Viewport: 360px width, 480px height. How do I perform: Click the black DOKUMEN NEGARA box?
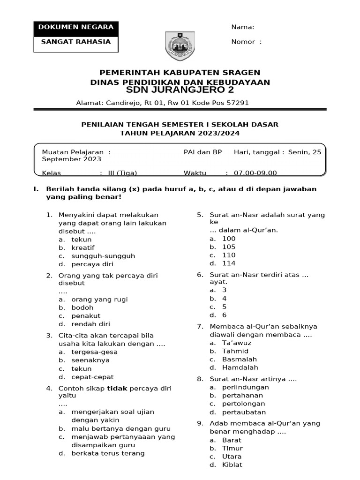pos(75,27)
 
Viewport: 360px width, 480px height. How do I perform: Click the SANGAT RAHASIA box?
pos(75,42)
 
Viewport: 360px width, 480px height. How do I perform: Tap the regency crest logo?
pos(180,45)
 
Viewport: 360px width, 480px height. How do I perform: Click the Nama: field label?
pos(243,27)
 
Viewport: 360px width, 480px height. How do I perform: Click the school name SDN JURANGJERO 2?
pos(180,90)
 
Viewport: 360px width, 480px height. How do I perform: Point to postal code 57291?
pos(236,103)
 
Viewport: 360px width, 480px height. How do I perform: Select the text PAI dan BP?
pos(202,152)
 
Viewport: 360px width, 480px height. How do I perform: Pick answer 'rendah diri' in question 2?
pos(91,324)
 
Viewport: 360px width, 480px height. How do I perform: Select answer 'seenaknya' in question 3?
pos(90,360)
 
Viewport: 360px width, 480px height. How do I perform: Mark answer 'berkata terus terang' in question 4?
pos(108,453)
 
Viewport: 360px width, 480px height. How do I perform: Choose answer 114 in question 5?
pos(229,263)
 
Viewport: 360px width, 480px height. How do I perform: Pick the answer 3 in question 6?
pos(225,290)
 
